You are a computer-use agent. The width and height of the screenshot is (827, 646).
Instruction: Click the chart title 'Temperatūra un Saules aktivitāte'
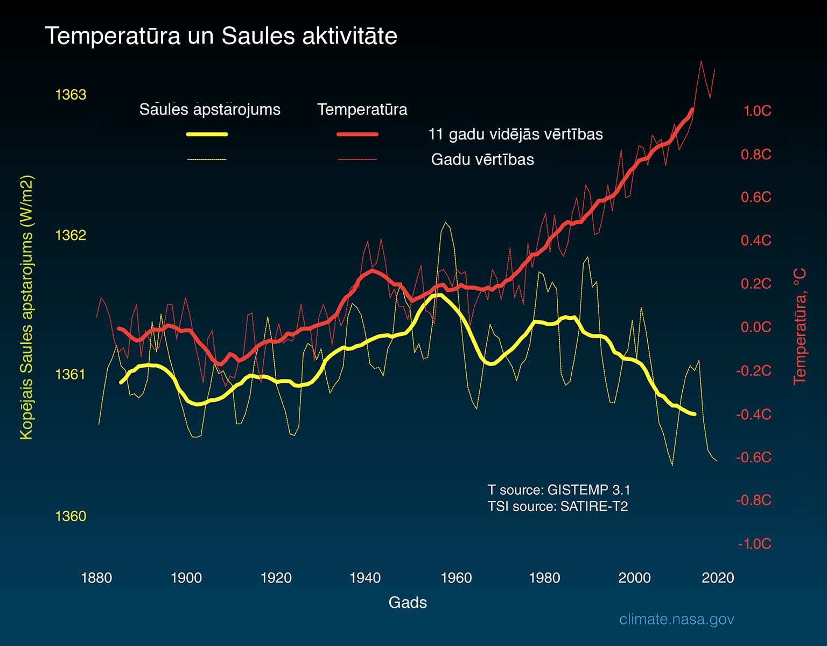(x=221, y=37)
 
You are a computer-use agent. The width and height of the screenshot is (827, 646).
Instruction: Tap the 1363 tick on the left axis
(x=71, y=94)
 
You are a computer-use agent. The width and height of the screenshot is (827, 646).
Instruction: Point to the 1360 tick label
(x=71, y=516)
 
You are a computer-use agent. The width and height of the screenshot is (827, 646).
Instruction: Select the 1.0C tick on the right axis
(x=758, y=111)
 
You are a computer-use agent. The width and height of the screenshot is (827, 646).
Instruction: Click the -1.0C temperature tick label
(x=755, y=544)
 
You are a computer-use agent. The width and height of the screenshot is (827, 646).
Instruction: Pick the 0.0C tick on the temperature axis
(x=756, y=327)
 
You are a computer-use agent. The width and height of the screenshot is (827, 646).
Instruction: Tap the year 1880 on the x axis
(x=97, y=578)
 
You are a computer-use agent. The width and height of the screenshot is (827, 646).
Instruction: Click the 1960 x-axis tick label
(x=456, y=578)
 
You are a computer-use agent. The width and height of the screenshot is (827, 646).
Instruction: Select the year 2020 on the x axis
(x=718, y=578)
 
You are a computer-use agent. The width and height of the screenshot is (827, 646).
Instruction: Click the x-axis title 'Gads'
(x=408, y=602)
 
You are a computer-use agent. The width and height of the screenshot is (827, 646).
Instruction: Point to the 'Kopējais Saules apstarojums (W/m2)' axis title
(x=26, y=307)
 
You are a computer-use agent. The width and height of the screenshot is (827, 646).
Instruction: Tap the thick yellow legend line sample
(x=207, y=134)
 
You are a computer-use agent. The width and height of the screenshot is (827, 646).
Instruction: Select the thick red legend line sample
(x=358, y=134)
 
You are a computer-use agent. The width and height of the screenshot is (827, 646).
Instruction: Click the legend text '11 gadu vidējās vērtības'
(x=516, y=134)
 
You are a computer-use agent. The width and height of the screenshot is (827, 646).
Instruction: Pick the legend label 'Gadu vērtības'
(x=482, y=159)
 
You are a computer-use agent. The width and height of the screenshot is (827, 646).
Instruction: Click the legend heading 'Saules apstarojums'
(x=209, y=110)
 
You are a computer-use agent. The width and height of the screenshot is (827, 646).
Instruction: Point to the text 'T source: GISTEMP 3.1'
(x=559, y=490)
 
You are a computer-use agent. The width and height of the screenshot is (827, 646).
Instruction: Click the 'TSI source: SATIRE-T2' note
(x=558, y=507)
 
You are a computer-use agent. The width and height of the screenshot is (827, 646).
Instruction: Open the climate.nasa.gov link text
(x=677, y=620)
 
